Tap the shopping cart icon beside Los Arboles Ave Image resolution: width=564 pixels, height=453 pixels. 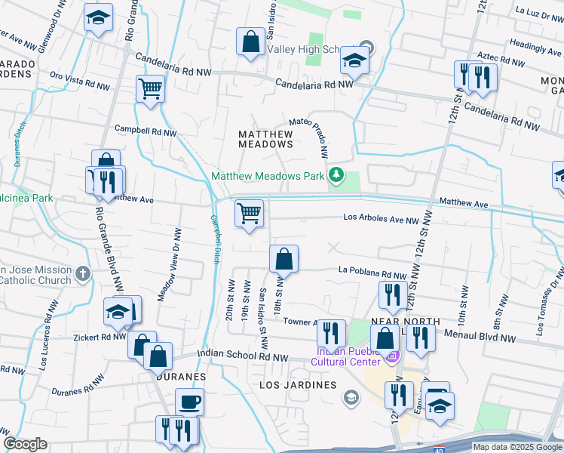point(249,213)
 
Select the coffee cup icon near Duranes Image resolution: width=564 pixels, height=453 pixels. point(189,402)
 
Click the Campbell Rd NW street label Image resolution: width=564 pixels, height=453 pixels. point(145,131)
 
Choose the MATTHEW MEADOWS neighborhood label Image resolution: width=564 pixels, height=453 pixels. point(265,138)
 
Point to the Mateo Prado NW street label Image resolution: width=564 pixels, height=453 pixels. point(311,136)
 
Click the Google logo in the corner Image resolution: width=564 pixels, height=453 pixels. point(25,444)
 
